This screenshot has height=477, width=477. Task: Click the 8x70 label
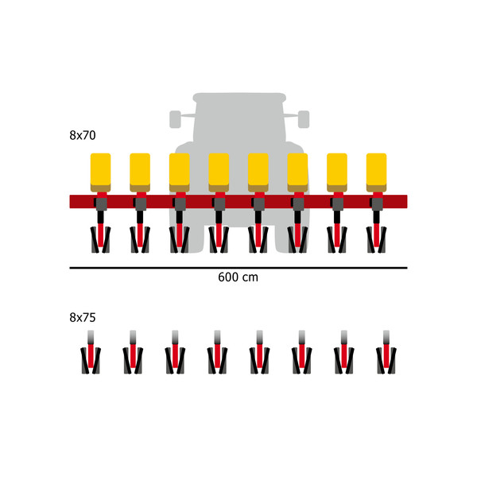click(83, 135)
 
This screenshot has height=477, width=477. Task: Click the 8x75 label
click(83, 317)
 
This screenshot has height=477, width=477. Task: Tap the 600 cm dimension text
click(238, 277)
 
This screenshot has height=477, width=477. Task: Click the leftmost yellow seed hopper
click(101, 173)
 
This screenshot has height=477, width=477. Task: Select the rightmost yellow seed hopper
click(376, 173)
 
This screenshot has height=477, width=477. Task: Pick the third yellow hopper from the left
click(180, 173)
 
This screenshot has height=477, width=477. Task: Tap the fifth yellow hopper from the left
click(258, 173)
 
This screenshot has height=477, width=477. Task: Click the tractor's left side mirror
click(175, 119)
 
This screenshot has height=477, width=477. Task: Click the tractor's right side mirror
click(304, 119)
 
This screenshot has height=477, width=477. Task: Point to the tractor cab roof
click(239, 97)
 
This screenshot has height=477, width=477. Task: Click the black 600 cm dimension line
click(238, 268)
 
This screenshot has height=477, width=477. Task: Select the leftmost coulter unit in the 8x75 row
click(91, 352)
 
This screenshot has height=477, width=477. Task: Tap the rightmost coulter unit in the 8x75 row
click(386, 352)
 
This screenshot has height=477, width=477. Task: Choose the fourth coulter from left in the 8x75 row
click(217, 352)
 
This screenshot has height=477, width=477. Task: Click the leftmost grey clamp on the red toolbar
click(101, 204)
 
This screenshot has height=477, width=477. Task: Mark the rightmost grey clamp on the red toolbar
click(377, 204)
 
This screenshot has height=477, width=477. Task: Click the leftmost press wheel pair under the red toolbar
click(101, 240)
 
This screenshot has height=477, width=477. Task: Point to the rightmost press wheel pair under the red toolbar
click(376, 240)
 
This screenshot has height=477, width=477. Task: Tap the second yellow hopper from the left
click(140, 173)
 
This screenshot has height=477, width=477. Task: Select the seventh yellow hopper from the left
click(337, 173)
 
